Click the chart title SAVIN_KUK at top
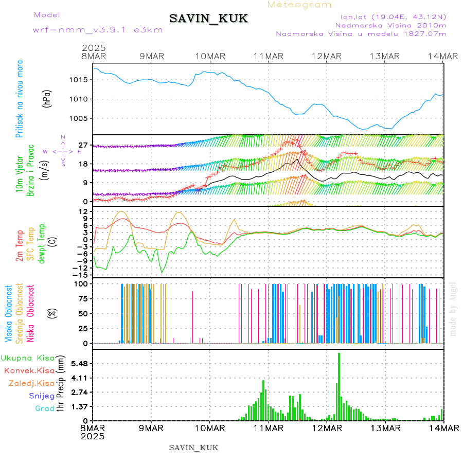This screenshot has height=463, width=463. [x=208, y=19]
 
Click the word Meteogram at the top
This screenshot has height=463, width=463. [x=300, y=5]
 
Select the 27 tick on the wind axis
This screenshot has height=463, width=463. [x=82, y=146]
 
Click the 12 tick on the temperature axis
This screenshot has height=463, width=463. [x=82, y=211]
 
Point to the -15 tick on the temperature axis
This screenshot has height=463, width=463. [x=80, y=275]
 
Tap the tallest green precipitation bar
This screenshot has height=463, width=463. [x=339, y=386]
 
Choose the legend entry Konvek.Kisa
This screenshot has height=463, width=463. [x=29, y=370]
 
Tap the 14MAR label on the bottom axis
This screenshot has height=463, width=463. [x=443, y=428]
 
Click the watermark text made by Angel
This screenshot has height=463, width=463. [x=453, y=309]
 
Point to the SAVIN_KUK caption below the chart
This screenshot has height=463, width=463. [x=194, y=448]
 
